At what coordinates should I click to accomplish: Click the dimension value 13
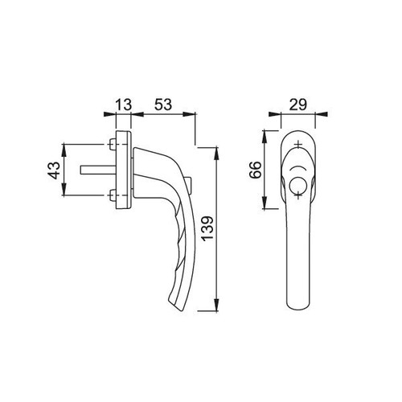[124, 105]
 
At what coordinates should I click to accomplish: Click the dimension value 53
[163, 105]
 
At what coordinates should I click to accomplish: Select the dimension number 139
[208, 228]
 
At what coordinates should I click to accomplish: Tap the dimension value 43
[54, 170]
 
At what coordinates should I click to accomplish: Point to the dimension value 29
[297, 105]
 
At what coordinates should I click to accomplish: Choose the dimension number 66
[255, 170]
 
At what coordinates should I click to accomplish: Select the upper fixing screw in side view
[113, 145]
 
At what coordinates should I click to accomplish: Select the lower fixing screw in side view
[113, 195]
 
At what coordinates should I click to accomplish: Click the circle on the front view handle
[297, 184]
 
